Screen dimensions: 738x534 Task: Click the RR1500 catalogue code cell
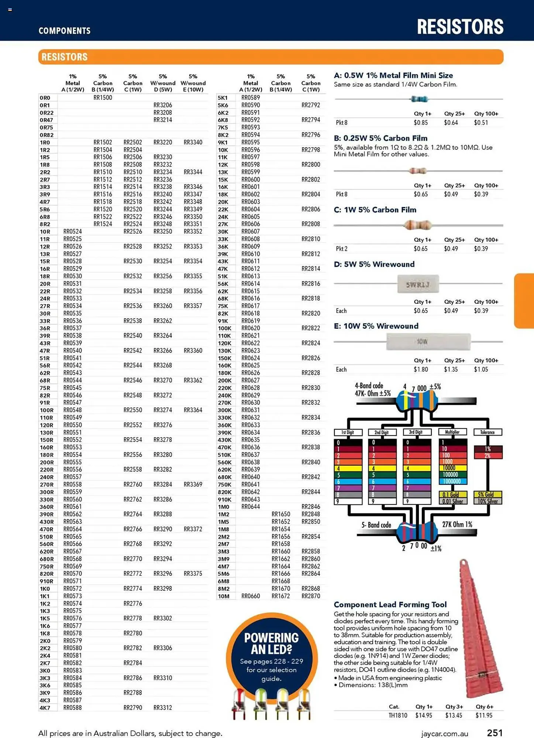pos(103,98)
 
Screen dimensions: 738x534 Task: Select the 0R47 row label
pos(46,120)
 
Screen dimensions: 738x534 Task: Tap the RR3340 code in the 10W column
pos(193,142)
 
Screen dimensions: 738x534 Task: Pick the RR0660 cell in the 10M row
pos(251,596)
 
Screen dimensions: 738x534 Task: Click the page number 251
pos(495,733)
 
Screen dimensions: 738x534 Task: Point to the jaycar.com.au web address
pos(444,734)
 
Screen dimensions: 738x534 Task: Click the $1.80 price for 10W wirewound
pos(421,369)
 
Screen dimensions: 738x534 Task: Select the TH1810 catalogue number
pos(398,715)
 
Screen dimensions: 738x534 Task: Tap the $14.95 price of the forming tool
pos(424,715)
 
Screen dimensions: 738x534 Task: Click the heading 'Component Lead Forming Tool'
pos(390,604)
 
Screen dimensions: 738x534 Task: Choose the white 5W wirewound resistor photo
pos(418,284)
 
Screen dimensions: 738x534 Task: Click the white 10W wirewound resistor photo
pos(428,342)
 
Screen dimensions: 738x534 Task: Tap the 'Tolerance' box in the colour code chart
pos(487,432)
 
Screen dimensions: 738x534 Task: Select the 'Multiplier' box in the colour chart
pos(452,432)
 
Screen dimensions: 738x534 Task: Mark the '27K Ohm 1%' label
pos(457,524)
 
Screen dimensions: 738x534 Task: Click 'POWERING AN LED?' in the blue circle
pos(271,643)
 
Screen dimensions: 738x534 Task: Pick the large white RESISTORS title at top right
pos(460,27)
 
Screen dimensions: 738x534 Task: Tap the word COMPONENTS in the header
pos(65,31)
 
